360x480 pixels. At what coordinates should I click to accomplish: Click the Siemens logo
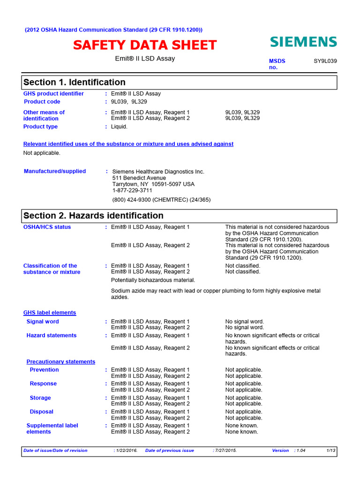pos(303,42)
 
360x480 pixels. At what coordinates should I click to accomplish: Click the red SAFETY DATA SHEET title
pos(144,45)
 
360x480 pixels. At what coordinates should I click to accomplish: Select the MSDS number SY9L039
pos(325,61)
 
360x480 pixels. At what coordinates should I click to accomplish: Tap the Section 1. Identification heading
pos(75,82)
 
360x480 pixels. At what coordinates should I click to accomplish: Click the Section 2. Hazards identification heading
pos(93,216)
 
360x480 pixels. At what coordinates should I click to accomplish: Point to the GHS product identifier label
pos(53,94)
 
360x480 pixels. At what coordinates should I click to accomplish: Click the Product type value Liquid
pos(119,127)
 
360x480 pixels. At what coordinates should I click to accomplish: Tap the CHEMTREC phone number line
pos(161,200)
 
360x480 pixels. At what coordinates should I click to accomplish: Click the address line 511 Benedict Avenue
pos(139,178)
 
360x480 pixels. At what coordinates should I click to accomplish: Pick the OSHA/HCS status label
pos(47,227)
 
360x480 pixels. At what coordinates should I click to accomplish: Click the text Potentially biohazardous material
pos(153,280)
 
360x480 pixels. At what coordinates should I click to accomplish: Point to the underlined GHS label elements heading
pos(50,313)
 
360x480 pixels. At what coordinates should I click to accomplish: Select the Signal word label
pos(43,322)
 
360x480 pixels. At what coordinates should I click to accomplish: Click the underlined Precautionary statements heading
pos(60,362)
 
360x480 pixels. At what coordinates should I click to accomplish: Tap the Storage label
pos(40,398)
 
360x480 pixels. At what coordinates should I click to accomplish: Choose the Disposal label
pos(41,412)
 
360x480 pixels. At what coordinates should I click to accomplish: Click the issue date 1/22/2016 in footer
pos(126,450)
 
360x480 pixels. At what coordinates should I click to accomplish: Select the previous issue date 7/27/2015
pos(225,450)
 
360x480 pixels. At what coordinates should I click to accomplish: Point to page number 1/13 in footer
pos(331,450)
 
